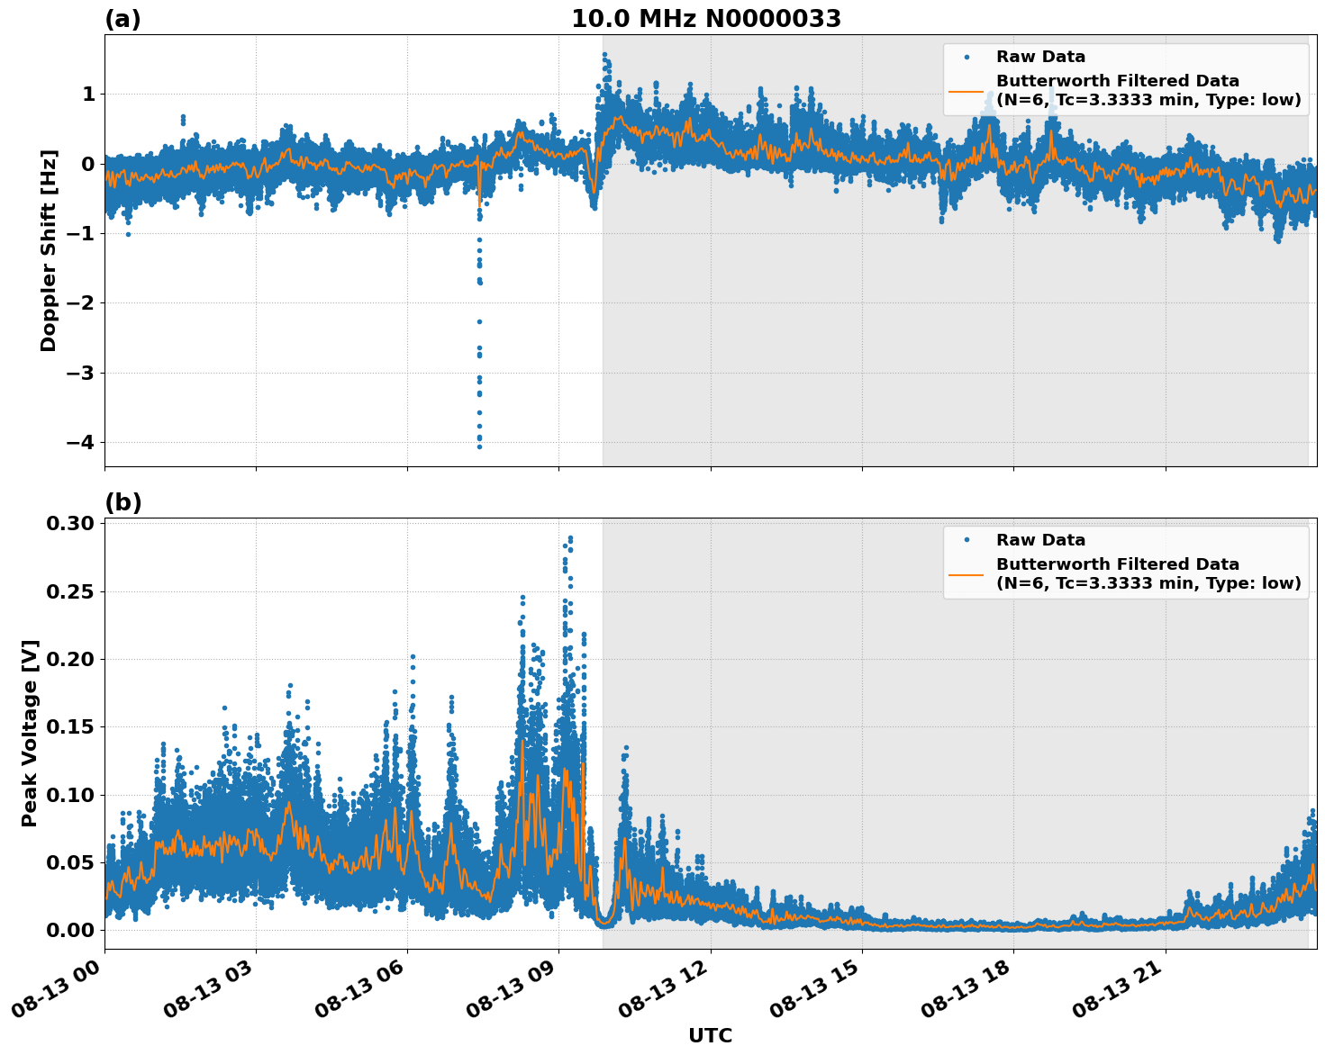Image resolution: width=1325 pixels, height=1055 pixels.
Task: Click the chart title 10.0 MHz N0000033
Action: point(705,19)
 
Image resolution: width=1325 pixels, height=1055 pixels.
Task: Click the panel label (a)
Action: point(123,19)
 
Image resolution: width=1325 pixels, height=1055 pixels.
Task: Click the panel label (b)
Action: point(123,502)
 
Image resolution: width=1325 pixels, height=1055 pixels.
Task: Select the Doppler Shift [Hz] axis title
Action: point(49,250)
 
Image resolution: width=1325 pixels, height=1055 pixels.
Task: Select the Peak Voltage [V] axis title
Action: point(30,733)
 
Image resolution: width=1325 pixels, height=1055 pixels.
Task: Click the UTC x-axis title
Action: point(710,1035)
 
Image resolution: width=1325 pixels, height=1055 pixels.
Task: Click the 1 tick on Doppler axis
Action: point(88,95)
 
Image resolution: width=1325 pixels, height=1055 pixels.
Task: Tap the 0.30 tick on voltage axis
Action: point(71,524)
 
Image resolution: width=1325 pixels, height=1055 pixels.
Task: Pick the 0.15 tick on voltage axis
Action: point(71,726)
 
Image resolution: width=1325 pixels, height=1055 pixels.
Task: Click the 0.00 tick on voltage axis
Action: point(71,930)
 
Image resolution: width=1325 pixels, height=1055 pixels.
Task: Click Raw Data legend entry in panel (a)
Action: point(1040,57)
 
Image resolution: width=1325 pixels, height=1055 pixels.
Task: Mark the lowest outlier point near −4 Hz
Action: point(479,446)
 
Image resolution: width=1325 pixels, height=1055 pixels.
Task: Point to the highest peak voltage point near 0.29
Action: point(569,538)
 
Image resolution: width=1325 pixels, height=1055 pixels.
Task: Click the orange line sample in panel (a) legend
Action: point(966,90)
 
